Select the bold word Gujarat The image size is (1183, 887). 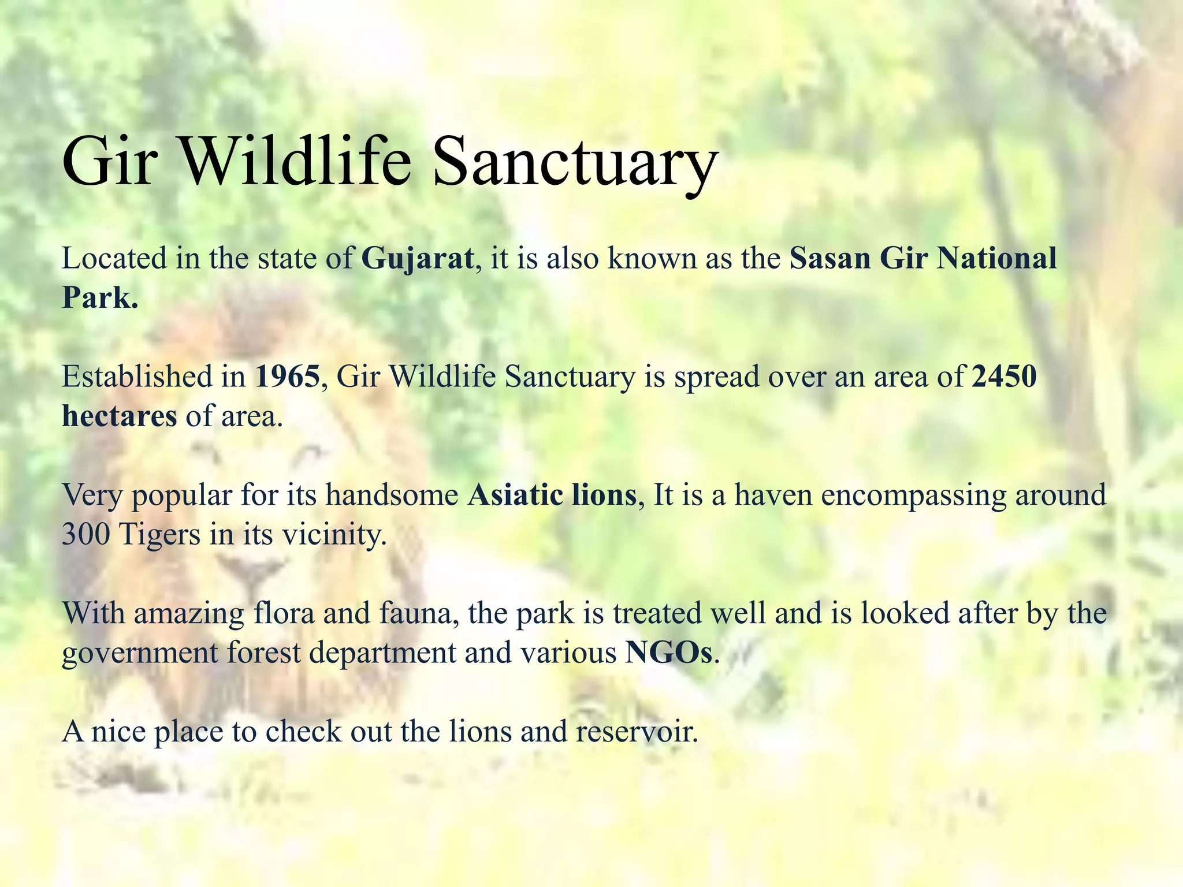pyautogui.click(x=417, y=258)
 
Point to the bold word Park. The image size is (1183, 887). pyautogui.click(x=99, y=298)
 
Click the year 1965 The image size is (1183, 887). pyautogui.click(x=287, y=377)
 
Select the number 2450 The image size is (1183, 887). pyautogui.click(x=1004, y=377)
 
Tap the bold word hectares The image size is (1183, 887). pyautogui.click(x=119, y=416)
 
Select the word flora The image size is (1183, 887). pyautogui.click(x=284, y=613)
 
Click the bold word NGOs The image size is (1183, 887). pyautogui.click(x=669, y=653)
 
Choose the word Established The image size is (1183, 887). pyautogui.click(x=137, y=377)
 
